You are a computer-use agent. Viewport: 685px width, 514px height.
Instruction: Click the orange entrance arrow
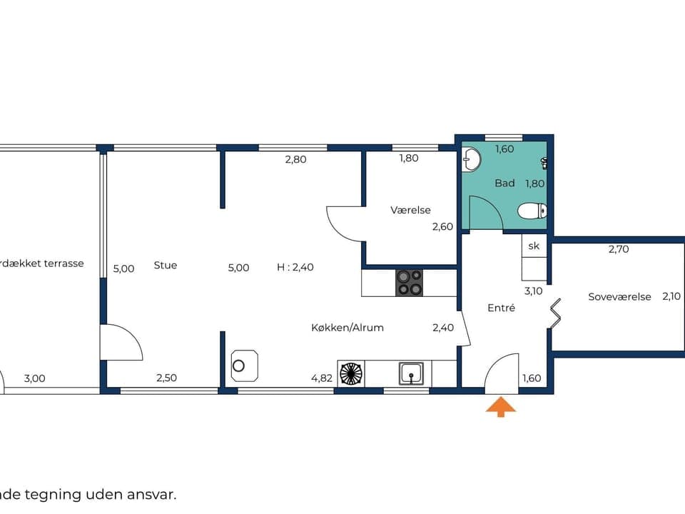tap(501, 407)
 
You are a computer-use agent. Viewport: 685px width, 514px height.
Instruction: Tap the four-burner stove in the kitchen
tap(409, 283)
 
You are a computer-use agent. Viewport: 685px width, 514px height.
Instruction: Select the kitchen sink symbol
tap(411, 373)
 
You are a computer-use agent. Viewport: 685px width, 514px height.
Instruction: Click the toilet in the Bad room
tap(532, 211)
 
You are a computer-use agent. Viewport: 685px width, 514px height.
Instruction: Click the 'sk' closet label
tap(534, 246)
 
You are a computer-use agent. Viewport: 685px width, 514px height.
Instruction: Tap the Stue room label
tap(166, 266)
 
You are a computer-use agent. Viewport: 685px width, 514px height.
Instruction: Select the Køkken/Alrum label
tap(347, 328)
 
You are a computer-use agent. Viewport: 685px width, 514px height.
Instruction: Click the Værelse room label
tap(410, 211)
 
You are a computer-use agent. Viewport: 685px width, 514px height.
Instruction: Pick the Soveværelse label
tap(619, 296)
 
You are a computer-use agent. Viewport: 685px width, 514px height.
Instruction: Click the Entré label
tap(502, 308)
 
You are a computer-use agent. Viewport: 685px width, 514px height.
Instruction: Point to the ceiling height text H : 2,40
tap(295, 268)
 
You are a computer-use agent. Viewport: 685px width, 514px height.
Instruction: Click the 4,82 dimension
tap(322, 378)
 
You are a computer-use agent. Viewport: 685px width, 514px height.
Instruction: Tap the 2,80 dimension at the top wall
tap(295, 159)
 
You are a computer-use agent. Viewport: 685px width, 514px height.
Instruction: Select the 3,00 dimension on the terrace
tap(34, 378)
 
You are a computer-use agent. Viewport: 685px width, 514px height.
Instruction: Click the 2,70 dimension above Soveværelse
tap(619, 249)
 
